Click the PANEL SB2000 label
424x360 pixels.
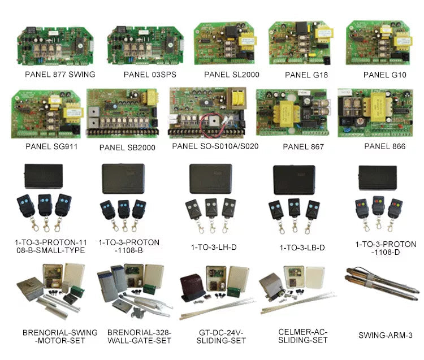click(x=127, y=148)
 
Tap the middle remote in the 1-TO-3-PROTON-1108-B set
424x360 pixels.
click(x=123, y=210)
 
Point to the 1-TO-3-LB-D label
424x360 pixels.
click(x=302, y=248)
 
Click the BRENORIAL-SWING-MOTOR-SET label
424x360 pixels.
click(x=59, y=336)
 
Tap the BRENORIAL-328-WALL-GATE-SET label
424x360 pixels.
click(x=139, y=336)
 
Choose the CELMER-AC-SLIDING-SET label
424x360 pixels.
click(x=302, y=336)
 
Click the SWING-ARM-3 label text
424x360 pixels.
click(x=385, y=335)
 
